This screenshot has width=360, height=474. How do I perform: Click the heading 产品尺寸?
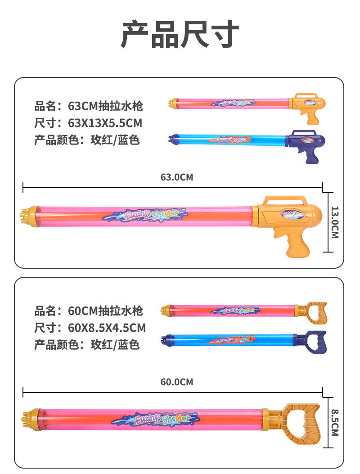[180, 35]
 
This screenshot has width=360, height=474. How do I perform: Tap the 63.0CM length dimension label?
[176, 177]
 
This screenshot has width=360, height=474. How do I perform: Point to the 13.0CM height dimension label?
[334, 222]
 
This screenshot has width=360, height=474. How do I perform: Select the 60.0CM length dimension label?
[176, 382]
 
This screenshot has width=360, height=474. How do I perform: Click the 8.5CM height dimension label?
[334, 422]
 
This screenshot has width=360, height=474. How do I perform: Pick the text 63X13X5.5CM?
[105, 123]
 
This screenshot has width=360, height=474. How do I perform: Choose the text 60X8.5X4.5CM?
[107, 328]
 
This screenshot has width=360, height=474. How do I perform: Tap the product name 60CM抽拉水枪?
[105, 311]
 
